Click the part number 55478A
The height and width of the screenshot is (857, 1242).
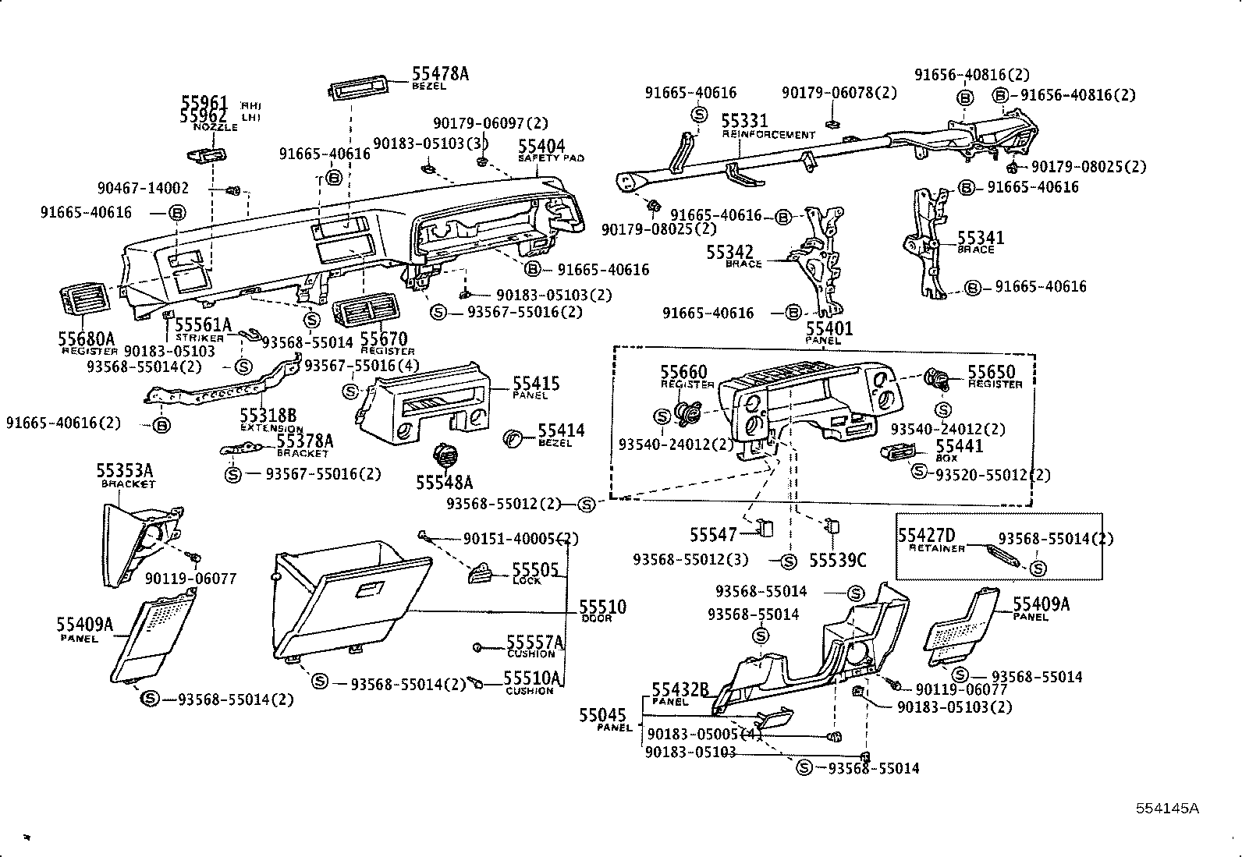(x=440, y=74)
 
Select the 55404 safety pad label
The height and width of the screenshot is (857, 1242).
(x=541, y=147)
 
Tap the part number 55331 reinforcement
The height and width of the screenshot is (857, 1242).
(x=744, y=121)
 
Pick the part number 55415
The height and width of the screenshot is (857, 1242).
(x=536, y=384)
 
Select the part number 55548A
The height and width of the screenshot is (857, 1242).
(x=444, y=483)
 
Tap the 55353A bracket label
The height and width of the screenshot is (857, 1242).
(x=124, y=470)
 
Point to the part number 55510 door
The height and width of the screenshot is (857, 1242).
(x=602, y=607)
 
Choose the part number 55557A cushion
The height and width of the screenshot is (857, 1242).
(x=534, y=642)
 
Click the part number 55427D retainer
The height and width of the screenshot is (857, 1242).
(x=926, y=536)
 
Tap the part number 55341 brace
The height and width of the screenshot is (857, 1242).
(x=981, y=238)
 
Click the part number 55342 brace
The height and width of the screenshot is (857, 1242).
(x=729, y=253)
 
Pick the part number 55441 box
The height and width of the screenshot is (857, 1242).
(x=959, y=446)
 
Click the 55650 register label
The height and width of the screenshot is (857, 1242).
(x=992, y=372)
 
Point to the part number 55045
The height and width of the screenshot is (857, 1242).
(x=602, y=715)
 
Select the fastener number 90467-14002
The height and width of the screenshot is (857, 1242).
(x=143, y=188)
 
